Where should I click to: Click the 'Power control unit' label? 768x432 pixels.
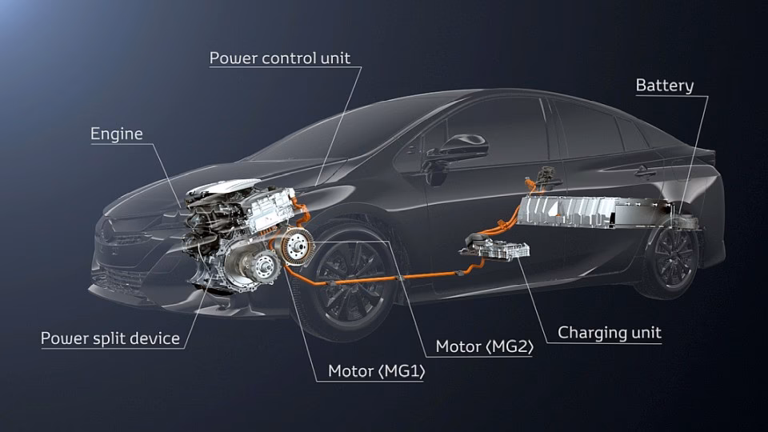coord(280,58)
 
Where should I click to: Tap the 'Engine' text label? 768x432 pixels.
coord(117,134)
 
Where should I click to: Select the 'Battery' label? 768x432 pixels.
coord(665,86)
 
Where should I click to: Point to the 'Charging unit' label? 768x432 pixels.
coord(610,333)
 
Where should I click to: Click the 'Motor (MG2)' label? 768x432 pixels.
coord(485,346)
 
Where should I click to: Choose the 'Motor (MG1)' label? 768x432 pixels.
coord(377,371)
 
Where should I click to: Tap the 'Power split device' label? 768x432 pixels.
coord(110,338)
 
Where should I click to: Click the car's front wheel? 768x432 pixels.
coord(350,282)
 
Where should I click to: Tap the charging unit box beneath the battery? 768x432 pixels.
coord(494,248)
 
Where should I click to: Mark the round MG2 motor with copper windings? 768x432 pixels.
coord(296,246)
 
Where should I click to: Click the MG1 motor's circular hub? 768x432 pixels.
coord(265,267)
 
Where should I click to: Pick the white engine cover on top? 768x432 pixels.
coord(223,187)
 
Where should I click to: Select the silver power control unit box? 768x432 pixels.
coord(271,209)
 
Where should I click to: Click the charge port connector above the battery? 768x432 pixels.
coord(545,178)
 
